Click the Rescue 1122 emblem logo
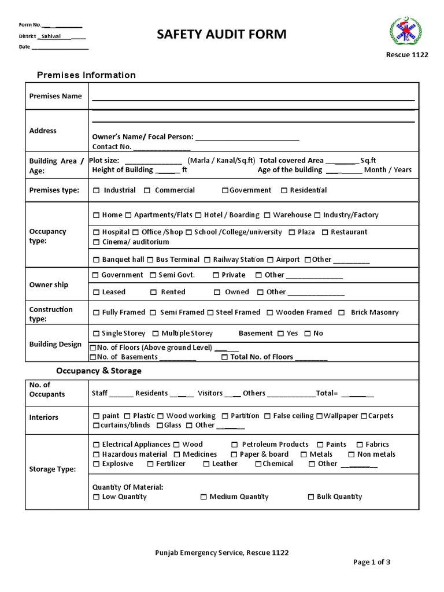[406, 32]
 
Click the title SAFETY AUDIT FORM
[222, 35]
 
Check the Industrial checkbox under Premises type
[96, 190]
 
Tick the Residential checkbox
[284, 190]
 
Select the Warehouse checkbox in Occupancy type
[267, 215]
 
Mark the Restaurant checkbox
[325, 232]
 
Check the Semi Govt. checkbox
[153, 275]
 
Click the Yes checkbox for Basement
[280, 334]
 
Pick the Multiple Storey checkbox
[156, 334]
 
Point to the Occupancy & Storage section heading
[98, 371]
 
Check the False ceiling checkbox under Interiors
[267, 416]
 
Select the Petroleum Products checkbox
[235, 445]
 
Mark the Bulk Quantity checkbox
[311, 497]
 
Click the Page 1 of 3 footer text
[375, 562]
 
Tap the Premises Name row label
[55, 96]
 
